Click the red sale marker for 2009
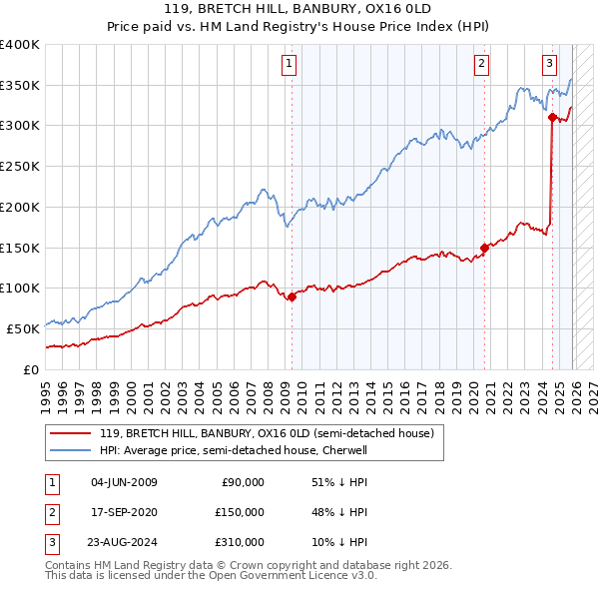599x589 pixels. pos(292,296)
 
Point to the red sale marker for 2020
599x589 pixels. pos(484,248)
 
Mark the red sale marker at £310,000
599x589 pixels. pos(552,118)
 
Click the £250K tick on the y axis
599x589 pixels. pos(20,167)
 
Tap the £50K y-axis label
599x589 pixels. pos(24,328)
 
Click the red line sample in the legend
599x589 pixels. pos(69,434)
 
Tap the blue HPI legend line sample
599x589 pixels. pos(69,451)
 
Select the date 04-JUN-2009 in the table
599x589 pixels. pos(124,482)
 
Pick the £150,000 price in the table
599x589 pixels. pos(240,512)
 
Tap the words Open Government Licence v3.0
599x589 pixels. pos(300,576)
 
